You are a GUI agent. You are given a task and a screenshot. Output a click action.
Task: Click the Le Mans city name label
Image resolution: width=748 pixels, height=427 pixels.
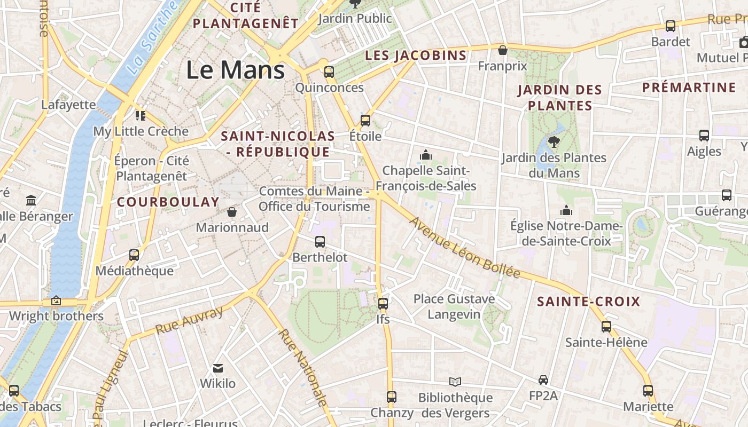235,70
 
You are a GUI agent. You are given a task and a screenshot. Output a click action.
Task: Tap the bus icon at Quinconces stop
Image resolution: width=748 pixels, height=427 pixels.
329,72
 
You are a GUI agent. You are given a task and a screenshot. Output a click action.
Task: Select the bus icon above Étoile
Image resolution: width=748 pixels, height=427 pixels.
365,120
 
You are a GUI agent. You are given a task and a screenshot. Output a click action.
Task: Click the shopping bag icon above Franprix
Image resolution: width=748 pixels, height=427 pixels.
503,50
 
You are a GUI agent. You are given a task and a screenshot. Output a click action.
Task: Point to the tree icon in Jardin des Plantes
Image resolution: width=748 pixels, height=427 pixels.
554,141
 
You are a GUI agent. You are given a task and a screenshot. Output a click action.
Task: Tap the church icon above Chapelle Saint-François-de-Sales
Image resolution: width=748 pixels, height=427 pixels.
426,155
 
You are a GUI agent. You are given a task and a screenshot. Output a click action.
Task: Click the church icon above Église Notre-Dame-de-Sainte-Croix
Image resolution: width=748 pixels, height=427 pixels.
566,210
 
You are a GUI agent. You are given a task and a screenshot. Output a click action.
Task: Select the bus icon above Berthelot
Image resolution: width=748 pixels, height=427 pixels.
320,241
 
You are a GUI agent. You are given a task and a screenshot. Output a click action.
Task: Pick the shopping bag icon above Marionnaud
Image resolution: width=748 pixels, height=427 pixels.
232,212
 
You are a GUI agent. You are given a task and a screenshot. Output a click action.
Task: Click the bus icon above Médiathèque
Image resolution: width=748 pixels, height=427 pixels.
134,255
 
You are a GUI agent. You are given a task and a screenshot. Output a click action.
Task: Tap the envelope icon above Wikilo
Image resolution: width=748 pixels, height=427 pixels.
218,368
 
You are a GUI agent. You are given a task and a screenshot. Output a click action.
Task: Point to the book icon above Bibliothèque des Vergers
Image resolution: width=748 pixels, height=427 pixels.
455,382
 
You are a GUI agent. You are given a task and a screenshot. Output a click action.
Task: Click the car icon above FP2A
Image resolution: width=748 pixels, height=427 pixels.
543,379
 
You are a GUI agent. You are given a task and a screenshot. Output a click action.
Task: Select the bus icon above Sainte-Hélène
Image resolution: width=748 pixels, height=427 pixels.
606,326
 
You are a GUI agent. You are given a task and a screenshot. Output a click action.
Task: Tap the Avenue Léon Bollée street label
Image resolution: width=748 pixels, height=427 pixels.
464,248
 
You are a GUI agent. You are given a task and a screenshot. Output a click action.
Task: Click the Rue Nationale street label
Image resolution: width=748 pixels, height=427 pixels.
302,368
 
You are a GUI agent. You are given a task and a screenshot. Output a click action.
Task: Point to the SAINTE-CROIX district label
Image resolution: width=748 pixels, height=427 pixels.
588,302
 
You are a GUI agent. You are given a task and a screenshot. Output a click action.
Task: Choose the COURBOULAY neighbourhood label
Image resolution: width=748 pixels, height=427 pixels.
168,202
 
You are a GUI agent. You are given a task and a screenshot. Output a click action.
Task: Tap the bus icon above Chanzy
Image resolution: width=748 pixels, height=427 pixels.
392,397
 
